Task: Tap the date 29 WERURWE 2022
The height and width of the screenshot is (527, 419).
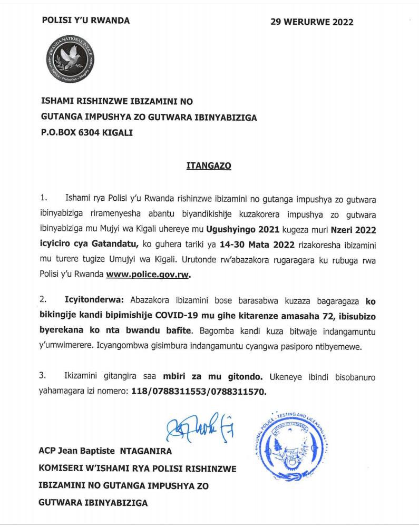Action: [311, 22]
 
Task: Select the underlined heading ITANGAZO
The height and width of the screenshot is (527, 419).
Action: [209, 165]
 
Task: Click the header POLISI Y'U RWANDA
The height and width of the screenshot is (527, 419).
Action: [85, 21]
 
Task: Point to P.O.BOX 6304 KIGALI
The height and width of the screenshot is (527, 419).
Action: [86, 133]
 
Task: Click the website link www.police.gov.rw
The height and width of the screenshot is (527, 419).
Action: [148, 275]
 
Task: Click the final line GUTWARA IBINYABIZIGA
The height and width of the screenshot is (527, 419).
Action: [93, 503]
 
